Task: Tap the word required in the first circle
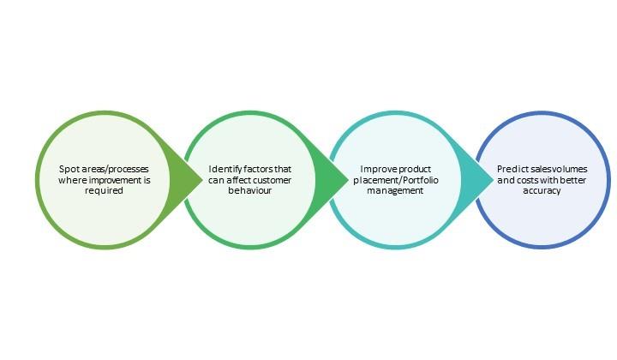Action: click(104, 191)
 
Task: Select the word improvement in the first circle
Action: click(112, 180)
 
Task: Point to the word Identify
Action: click(225, 170)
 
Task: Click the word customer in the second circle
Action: click(272, 180)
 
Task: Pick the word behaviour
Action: click(250, 190)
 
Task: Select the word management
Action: click(395, 191)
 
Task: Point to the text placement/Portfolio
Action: click(396, 180)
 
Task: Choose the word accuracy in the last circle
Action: click(542, 191)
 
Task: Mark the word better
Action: click(573, 180)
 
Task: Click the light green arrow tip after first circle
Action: click(202, 181)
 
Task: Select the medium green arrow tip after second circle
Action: click(347, 181)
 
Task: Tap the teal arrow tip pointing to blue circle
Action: click(492, 181)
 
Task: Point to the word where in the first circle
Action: click(73, 180)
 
